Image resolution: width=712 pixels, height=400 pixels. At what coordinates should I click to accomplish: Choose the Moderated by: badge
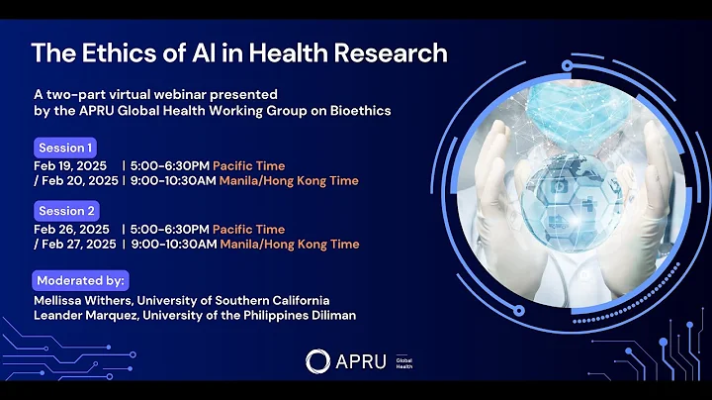click(81, 280)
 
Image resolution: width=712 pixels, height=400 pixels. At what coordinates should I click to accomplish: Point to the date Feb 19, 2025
click(71, 165)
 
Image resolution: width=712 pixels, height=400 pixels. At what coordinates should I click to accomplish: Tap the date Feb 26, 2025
click(71, 229)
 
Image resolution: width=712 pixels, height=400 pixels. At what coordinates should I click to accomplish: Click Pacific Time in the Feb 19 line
click(248, 165)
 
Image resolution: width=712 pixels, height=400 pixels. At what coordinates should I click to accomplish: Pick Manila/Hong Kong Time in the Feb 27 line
click(289, 245)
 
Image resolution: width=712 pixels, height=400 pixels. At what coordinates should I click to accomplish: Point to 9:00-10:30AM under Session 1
click(174, 181)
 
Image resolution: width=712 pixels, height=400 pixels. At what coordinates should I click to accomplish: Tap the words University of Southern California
click(235, 300)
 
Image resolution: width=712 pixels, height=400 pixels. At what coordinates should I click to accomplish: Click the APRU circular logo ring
click(316, 361)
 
